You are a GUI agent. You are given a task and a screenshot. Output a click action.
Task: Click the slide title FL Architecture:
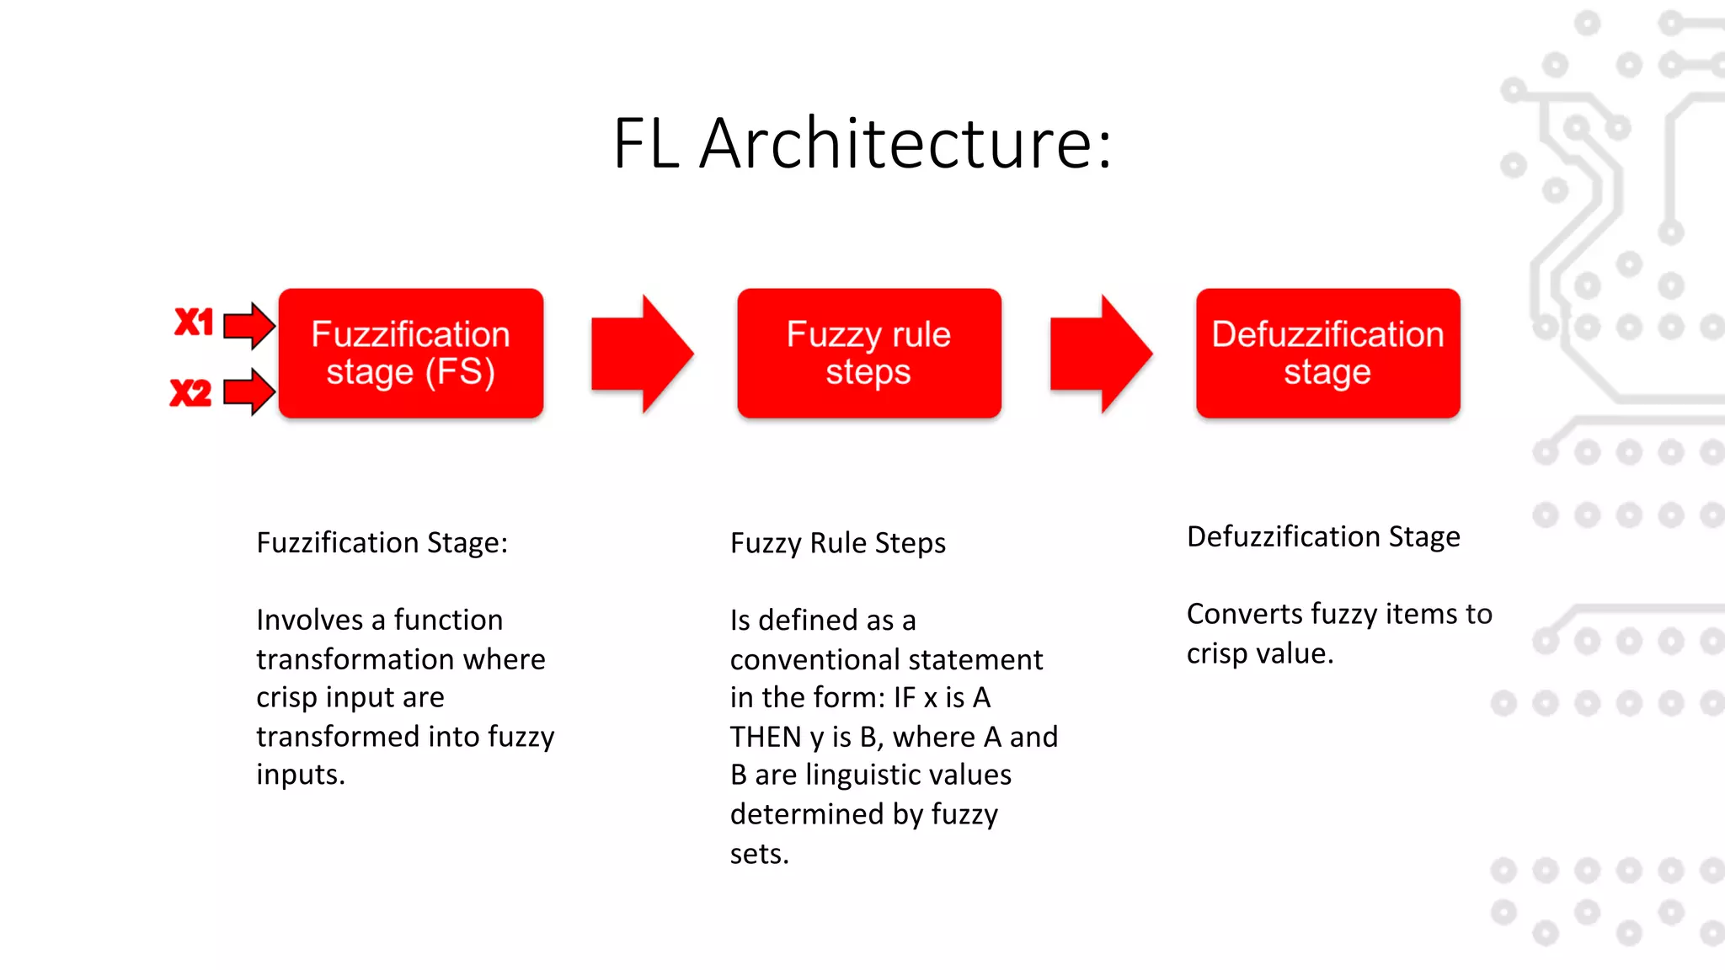point(862,143)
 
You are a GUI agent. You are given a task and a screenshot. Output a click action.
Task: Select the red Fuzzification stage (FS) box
point(411,354)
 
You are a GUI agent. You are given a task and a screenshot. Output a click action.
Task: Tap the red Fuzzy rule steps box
point(868,354)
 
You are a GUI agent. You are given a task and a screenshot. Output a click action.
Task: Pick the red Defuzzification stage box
point(1327,354)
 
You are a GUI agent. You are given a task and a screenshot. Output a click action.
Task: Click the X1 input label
point(194,322)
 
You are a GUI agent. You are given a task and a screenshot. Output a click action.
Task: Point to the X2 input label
point(190,393)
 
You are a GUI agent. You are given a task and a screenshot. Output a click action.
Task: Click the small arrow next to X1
point(249,325)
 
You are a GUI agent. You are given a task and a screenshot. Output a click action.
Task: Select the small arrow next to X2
point(249,392)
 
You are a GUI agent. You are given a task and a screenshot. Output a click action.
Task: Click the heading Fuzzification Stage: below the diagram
point(382,543)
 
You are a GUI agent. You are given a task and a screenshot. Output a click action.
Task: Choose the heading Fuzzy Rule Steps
point(837,544)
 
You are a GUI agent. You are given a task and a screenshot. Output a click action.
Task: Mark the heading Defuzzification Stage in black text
point(1323,537)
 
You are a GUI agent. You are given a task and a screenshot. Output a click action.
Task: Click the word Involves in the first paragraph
point(309,621)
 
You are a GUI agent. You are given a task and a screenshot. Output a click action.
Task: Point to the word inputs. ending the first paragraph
point(301,775)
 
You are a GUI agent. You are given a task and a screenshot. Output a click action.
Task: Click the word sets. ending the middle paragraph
point(759,855)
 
